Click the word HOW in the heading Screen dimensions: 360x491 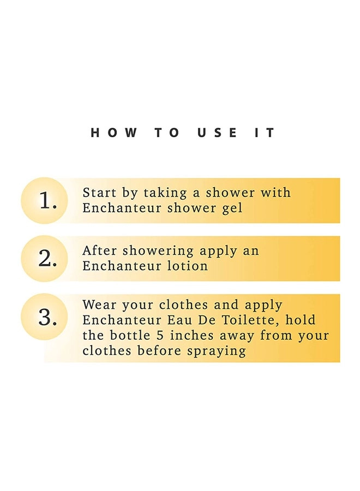(x=113, y=133)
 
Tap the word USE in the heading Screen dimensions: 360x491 (x=217, y=133)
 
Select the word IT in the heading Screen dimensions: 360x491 (x=265, y=133)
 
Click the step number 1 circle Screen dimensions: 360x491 (x=44, y=200)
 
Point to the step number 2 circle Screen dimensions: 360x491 (x=44, y=259)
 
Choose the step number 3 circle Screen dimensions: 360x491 (x=44, y=316)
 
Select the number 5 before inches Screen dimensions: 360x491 (x=160, y=336)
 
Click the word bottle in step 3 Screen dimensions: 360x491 (x=130, y=336)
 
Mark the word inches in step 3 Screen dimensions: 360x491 (x=192, y=336)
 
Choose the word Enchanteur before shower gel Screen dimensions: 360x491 (x=122, y=208)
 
